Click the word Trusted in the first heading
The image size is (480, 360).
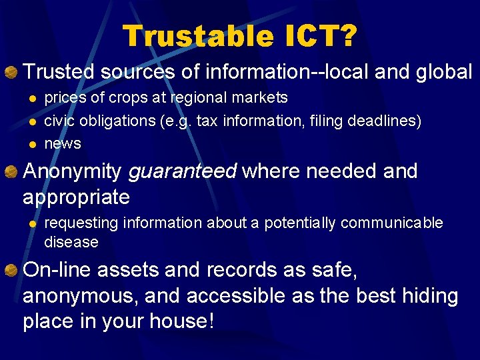point(58,71)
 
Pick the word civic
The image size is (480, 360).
point(59,121)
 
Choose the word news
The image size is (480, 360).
point(63,143)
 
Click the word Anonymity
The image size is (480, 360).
point(72,172)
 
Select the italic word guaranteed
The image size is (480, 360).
point(182,172)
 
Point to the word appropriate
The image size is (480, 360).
point(76,197)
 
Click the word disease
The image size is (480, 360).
point(71,241)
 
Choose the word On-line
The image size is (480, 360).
point(59,270)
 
